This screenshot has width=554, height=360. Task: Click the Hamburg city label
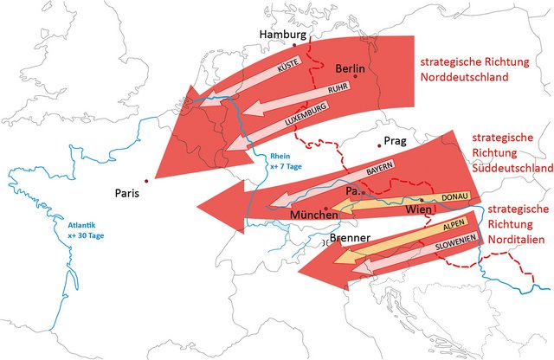point(282,34)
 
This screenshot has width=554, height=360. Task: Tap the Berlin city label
point(351,68)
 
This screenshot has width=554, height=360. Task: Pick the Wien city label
point(418,210)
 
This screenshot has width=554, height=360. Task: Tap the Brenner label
point(351,238)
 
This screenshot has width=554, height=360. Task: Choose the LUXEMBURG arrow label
point(304,116)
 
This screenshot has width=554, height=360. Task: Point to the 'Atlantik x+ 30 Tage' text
point(87,230)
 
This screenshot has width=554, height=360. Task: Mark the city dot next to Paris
point(147,181)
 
